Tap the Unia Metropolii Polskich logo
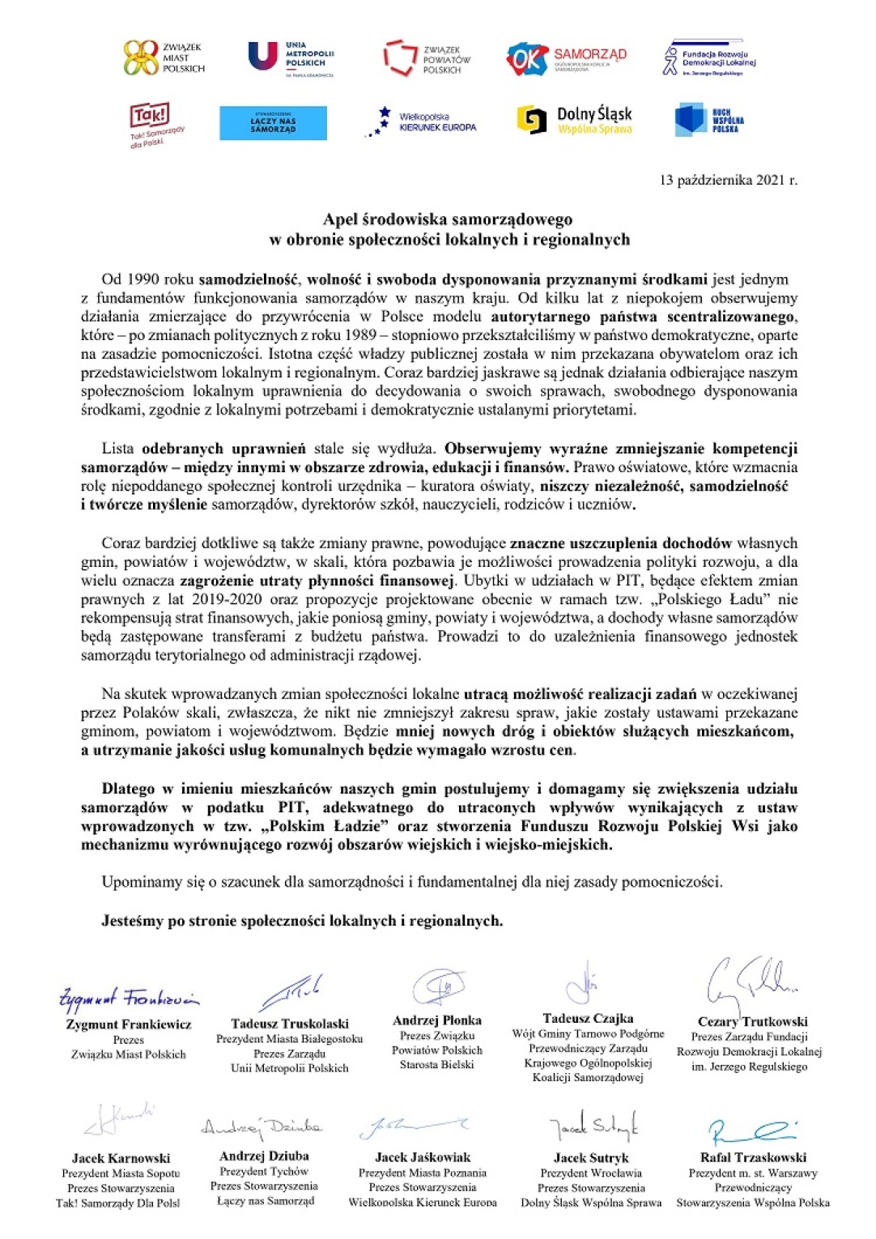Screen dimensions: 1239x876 pos(290,57)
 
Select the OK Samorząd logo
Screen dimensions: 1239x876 pos(566,58)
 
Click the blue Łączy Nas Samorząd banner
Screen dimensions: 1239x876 pos(273,124)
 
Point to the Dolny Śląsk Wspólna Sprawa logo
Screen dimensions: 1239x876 pos(574,120)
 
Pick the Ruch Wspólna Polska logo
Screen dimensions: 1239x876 pos(709,120)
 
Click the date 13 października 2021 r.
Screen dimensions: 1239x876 pos(728,180)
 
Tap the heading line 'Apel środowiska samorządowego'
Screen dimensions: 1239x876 pos(448,219)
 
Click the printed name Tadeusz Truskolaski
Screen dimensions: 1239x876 pos(289,1024)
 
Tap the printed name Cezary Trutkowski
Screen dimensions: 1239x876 pos(752,1022)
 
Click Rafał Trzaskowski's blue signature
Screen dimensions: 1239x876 pos(751,1131)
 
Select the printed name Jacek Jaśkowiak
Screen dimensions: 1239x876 pos(422,1157)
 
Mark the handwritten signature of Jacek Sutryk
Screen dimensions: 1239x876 pos(593,1126)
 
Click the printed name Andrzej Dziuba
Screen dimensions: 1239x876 pos(264,1156)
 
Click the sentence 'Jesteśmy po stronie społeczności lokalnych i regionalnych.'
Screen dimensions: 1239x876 pos(302,921)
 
